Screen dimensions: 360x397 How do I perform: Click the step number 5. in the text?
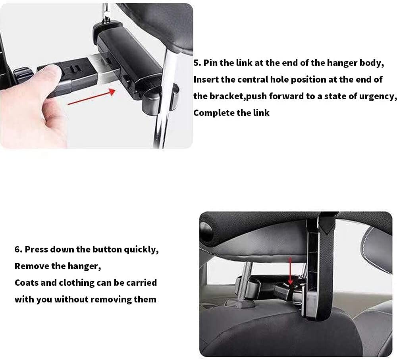coord(197,63)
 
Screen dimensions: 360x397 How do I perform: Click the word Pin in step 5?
coord(211,63)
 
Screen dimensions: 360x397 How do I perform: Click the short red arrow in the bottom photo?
coord(291,270)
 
